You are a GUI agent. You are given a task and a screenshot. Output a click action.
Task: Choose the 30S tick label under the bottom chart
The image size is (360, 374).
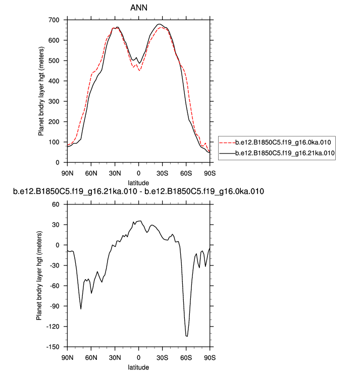pyautogui.click(x=163, y=357)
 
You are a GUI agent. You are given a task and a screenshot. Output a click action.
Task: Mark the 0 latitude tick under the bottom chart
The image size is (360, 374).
pyautogui.click(x=139, y=357)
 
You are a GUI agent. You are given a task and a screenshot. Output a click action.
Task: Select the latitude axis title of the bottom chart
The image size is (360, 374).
pyautogui.click(x=139, y=367)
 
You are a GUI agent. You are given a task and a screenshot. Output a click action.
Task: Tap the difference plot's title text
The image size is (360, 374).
pyautogui.click(x=139, y=192)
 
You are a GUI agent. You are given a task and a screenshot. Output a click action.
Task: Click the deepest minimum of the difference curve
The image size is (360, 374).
pyautogui.click(x=187, y=336)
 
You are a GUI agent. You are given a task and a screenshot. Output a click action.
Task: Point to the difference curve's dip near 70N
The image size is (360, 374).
pyautogui.click(x=81, y=309)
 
